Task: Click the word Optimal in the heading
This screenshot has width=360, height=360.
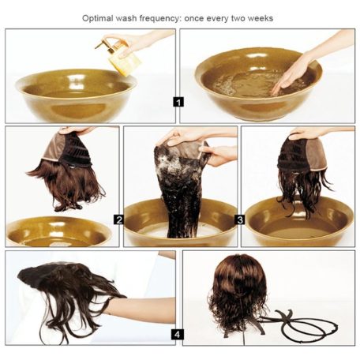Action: (94, 18)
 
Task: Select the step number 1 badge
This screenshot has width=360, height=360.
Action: (178, 102)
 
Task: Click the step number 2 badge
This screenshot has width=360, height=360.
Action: (119, 219)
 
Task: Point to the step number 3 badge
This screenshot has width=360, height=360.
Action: (240, 219)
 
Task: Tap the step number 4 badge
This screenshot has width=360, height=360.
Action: (177, 335)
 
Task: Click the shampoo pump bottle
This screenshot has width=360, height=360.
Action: (121, 57)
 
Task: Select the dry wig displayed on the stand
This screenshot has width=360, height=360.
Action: (238, 294)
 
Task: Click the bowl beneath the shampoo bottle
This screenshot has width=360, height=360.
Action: (77, 96)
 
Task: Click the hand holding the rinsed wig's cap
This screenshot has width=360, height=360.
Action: (316, 133)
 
